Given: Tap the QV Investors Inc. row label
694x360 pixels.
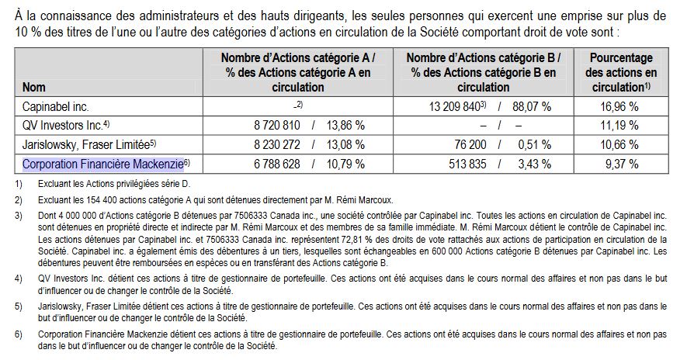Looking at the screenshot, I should pyautogui.click(x=64, y=124).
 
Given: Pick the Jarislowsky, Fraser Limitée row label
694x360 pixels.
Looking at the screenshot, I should pyautogui.click(x=85, y=144).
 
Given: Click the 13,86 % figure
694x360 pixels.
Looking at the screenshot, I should pyautogui.click(x=346, y=124).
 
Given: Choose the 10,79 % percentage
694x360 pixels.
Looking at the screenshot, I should pyautogui.click(x=346, y=164).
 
